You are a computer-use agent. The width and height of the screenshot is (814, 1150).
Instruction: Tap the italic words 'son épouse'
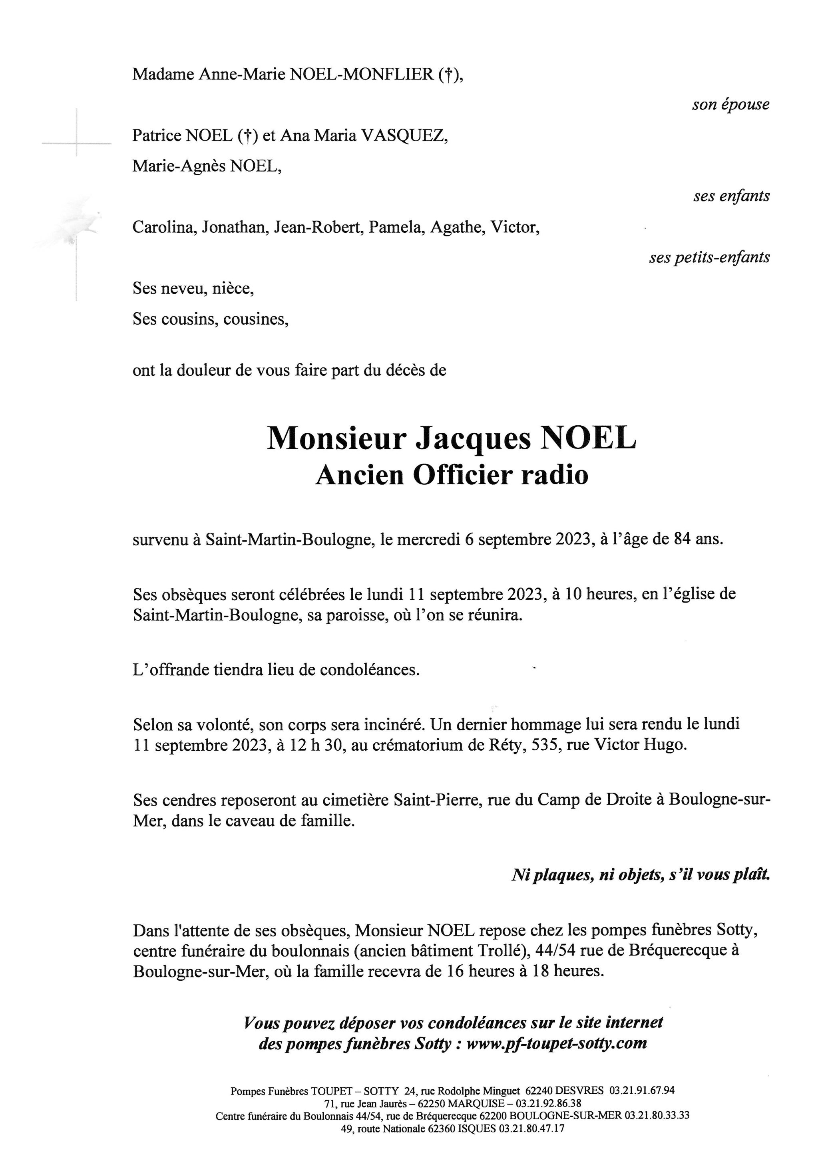[731, 105]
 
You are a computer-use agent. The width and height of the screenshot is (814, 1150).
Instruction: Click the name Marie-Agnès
[179, 166]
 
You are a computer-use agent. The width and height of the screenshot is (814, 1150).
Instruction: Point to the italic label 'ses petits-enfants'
[709, 258]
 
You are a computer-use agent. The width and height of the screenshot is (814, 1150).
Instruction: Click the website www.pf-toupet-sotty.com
[556, 1043]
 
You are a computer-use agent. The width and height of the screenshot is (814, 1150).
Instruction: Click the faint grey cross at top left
[77, 144]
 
